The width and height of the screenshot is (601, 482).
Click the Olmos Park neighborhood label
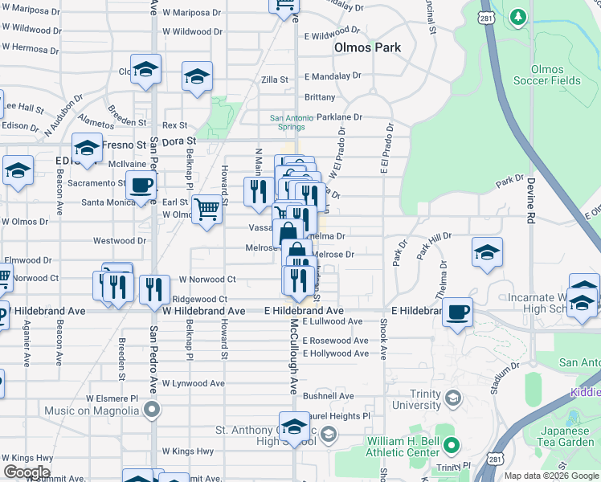click(367, 47)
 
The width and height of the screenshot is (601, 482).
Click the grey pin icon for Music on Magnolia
click(151, 411)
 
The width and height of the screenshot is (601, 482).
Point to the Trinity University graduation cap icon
click(452, 398)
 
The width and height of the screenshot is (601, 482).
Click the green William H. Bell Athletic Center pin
click(452, 445)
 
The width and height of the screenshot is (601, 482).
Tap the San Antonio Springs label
click(287, 122)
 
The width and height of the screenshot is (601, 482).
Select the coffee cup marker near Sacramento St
click(141, 185)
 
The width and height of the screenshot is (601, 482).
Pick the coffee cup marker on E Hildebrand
click(457, 312)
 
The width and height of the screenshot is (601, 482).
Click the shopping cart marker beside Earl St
click(207, 210)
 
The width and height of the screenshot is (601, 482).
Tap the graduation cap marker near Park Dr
click(487, 252)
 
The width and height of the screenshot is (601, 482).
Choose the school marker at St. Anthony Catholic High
click(295, 426)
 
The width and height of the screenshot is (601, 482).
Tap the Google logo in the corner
click(27, 472)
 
